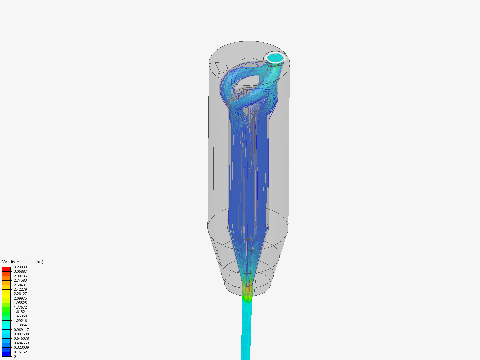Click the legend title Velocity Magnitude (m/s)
[x=23, y=262]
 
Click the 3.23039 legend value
[x=20, y=267]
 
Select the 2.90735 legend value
[x=20, y=276]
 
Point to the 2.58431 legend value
[x=20, y=285]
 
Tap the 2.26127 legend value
[x=20, y=294]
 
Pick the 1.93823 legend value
[x=20, y=303]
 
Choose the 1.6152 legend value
[x=19, y=312]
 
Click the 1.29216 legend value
[x=20, y=321]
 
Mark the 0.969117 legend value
[x=21, y=330]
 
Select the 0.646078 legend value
[x=21, y=338]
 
